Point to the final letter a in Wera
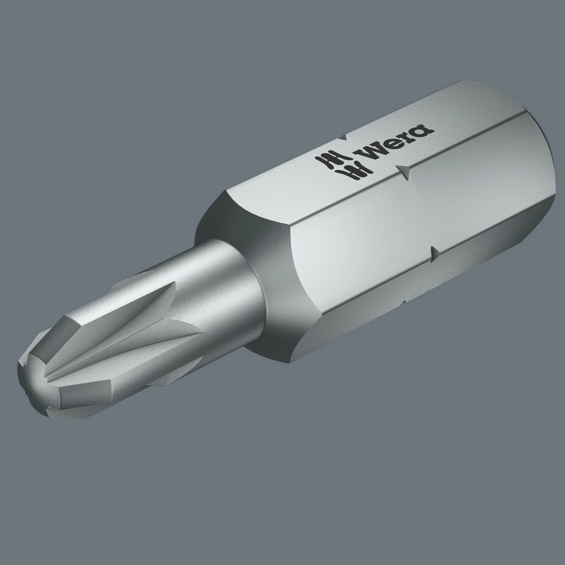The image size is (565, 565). click(423, 128)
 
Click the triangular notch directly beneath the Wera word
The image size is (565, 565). click(403, 170)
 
